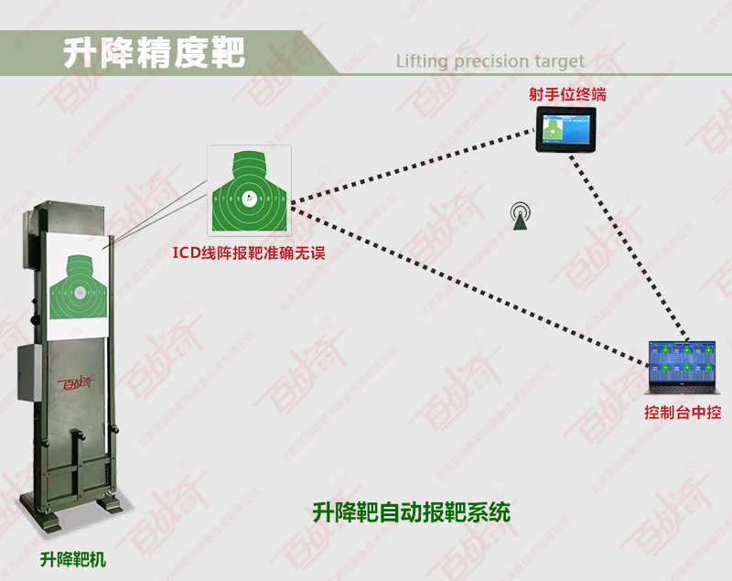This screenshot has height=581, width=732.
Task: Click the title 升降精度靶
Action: click(154, 53)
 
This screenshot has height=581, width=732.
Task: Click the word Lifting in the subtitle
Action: click(422, 62)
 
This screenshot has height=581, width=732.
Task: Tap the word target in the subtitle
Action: click(557, 62)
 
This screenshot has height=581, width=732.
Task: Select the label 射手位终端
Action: click(567, 94)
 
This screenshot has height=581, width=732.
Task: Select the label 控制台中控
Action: click(682, 414)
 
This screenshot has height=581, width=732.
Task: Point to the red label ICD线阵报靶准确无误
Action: click(249, 252)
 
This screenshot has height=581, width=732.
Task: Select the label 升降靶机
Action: click(73, 558)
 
